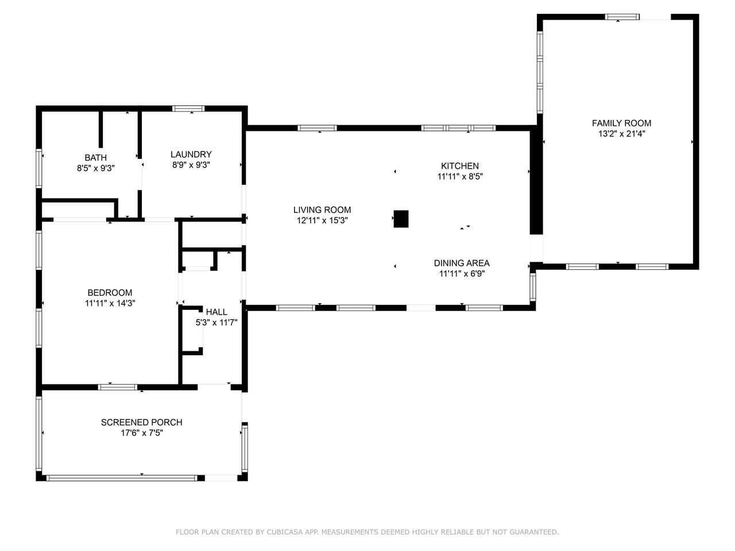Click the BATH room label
click(x=96, y=157)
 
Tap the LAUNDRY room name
click(x=191, y=154)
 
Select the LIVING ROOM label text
click(x=322, y=209)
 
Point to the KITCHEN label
click(x=460, y=166)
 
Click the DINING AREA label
click(x=462, y=263)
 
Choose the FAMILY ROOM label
click(x=621, y=123)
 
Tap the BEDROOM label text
click(x=110, y=292)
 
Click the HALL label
click(x=216, y=312)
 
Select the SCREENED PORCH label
click(x=142, y=422)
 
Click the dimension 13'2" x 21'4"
click(x=622, y=134)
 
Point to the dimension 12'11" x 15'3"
click(x=323, y=220)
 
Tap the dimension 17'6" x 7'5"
click(x=142, y=433)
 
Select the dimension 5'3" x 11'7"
click(x=216, y=323)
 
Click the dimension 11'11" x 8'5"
click(x=460, y=176)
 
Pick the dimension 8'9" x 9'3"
click(x=191, y=165)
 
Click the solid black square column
click(x=401, y=219)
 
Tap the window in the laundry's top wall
click(x=188, y=108)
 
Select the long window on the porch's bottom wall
click(x=122, y=478)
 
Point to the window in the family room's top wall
click(x=622, y=17)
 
